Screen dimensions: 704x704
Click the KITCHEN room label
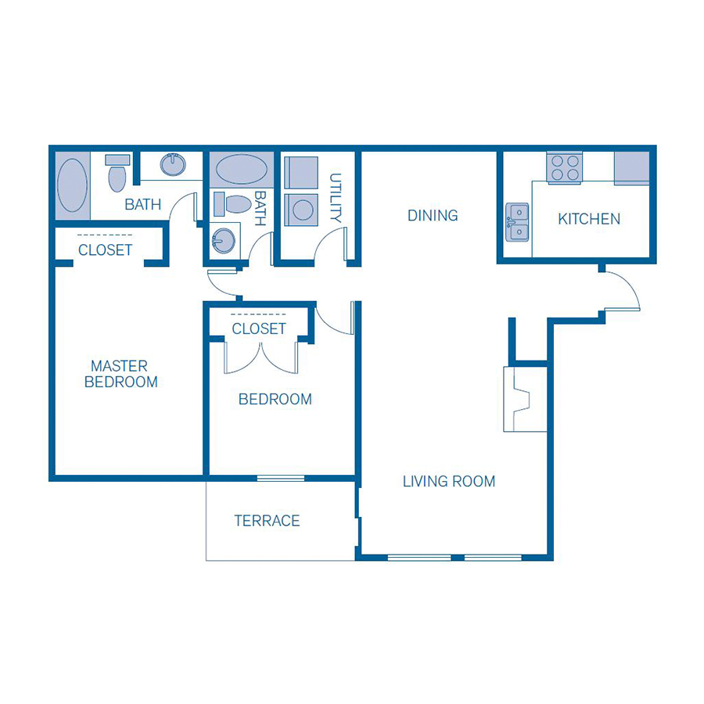[589, 219]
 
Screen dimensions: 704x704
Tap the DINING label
[433, 215]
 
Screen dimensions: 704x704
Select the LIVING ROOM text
[449, 481]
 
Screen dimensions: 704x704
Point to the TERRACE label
[267, 520]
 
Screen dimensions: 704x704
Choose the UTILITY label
[336, 199]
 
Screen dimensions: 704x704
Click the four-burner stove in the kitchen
[565, 167]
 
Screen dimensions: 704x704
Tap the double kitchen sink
[517, 221]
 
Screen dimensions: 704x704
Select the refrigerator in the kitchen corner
[631, 167]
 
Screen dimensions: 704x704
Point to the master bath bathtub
[73, 186]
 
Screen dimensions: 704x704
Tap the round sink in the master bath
[172, 164]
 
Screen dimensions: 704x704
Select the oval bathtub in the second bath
[241, 168]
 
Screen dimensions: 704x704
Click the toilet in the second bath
[235, 204]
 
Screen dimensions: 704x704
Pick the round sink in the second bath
[223, 241]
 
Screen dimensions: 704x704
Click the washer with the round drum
[301, 209]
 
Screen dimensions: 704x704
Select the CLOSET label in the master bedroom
[106, 250]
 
